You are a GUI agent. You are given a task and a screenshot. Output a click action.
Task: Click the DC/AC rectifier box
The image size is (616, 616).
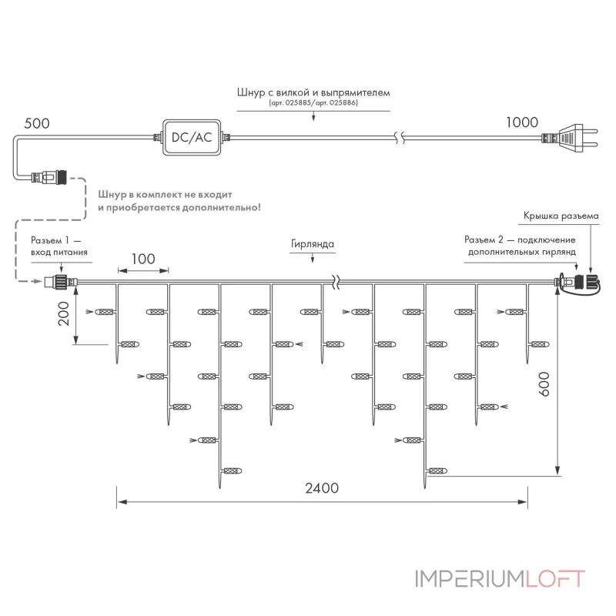click(x=192, y=138)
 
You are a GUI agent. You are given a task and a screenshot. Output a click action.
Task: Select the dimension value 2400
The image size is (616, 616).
click(x=322, y=488)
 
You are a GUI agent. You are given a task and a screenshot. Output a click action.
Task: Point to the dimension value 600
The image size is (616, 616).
click(x=544, y=383)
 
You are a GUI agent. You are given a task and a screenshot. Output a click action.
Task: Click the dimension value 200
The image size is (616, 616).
click(x=64, y=313)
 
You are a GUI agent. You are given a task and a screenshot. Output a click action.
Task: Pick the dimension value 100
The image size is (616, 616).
click(x=143, y=259)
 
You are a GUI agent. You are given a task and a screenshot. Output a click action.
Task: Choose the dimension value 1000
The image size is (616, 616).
click(x=522, y=122)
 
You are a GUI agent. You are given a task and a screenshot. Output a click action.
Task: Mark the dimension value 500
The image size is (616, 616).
click(x=37, y=123)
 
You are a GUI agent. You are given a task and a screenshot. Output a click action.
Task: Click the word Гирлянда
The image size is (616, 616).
click(x=313, y=244)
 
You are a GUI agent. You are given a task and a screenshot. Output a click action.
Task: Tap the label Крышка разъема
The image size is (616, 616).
click(x=561, y=216)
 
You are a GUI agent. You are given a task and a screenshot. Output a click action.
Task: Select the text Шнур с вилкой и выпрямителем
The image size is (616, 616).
click(x=313, y=92)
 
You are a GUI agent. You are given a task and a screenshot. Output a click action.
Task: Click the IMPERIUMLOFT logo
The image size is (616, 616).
click(x=500, y=579)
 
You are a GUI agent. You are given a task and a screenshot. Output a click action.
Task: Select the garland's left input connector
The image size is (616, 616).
click(x=62, y=282)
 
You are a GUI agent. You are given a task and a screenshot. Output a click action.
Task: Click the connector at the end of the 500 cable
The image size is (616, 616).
click(x=49, y=177)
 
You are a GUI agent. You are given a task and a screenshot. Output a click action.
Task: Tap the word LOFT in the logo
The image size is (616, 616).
click(x=554, y=579)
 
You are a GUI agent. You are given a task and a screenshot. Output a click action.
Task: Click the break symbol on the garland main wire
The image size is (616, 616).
click(x=336, y=282)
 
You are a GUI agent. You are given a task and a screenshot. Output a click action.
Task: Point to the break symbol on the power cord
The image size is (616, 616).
click(x=400, y=138)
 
